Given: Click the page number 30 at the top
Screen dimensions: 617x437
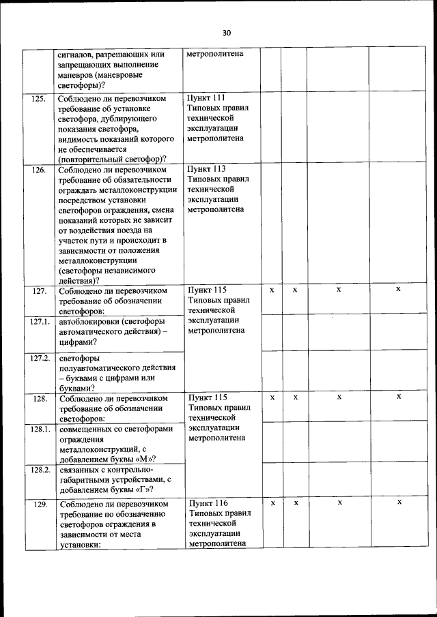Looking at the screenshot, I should pyautogui.click(x=227, y=33).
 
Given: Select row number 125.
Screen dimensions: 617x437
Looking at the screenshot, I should pyautogui.click(x=39, y=99).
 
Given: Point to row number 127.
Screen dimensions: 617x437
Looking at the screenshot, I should pyautogui.click(x=39, y=291).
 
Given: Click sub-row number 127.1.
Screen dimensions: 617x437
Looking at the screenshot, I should pyautogui.click(x=39, y=320).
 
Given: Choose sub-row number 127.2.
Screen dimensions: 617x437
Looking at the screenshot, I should pyautogui.click(x=39, y=357).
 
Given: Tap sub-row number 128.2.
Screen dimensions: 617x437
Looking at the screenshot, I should pyautogui.click(x=39, y=469).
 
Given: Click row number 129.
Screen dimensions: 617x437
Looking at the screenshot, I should pyautogui.click(x=39, y=504).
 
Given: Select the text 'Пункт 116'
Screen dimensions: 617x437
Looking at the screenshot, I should pyautogui.click(x=208, y=503).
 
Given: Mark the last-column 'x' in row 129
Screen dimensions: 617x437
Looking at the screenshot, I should pyautogui.click(x=399, y=502).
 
